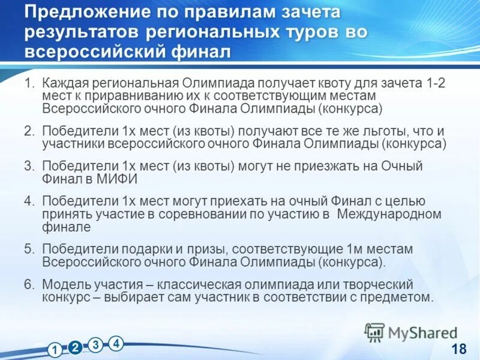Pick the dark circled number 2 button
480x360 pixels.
[x=75, y=347]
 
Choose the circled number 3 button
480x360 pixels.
[x=95, y=345]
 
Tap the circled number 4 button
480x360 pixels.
[x=116, y=343]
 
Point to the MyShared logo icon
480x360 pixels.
[x=374, y=332]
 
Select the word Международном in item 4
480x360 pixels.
[x=390, y=214]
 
